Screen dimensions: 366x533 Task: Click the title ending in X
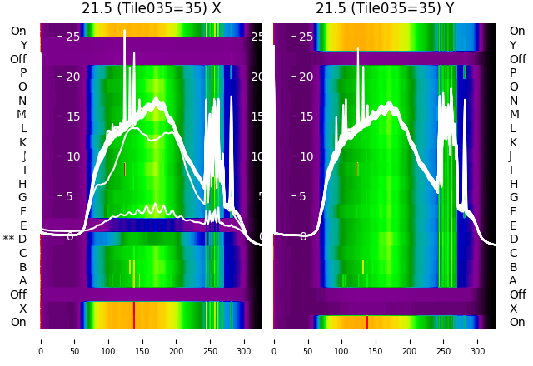(x=151, y=8)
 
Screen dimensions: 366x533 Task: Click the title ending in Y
(x=385, y=8)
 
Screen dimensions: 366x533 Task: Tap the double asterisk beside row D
(x=8, y=239)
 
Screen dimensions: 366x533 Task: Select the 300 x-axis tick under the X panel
(x=244, y=340)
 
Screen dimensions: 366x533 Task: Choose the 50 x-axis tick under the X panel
(x=74, y=340)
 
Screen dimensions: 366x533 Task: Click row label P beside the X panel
(x=22, y=73)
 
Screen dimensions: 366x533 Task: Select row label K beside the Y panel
(x=513, y=142)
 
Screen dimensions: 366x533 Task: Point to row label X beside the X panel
(x=22, y=309)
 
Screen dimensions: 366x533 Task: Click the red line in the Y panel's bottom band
(x=367, y=322)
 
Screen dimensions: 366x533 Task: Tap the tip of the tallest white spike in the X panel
(x=125, y=31)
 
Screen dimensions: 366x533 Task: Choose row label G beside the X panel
(x=22, y=197)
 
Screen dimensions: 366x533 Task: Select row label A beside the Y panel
(x=513, y=280)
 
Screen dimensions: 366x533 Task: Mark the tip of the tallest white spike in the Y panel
(x=359, y=48)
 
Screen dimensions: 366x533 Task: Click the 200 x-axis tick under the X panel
(x=176, y=340)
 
